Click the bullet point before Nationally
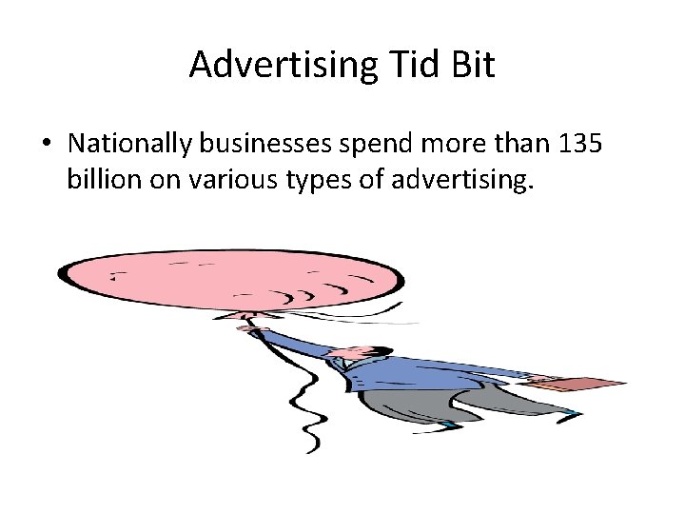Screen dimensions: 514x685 [x=47, y=144]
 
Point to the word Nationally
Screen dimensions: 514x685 [x=130, y=144]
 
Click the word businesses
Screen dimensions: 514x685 [x=263, y=144]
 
